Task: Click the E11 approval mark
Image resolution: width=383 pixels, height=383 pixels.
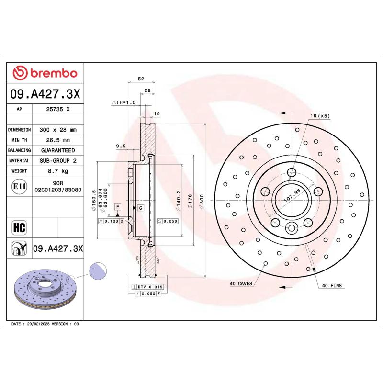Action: [x=19, y=186]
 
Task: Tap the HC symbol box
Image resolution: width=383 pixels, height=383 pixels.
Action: [x=19, y=226]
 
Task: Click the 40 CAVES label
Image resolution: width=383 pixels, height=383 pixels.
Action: [x=241, y=284]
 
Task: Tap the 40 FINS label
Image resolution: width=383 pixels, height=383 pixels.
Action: [x=332, y=285]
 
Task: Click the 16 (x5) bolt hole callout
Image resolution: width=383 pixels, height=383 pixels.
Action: [x=320, y=116]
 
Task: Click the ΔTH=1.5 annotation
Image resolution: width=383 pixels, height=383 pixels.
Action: [x=124, y=102]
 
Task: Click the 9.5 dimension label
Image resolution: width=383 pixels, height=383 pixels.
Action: [x=120, y=146]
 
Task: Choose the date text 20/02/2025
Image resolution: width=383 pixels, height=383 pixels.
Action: [x=39, y=324]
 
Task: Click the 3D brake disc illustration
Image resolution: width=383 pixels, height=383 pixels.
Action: [x=43, y=289]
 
